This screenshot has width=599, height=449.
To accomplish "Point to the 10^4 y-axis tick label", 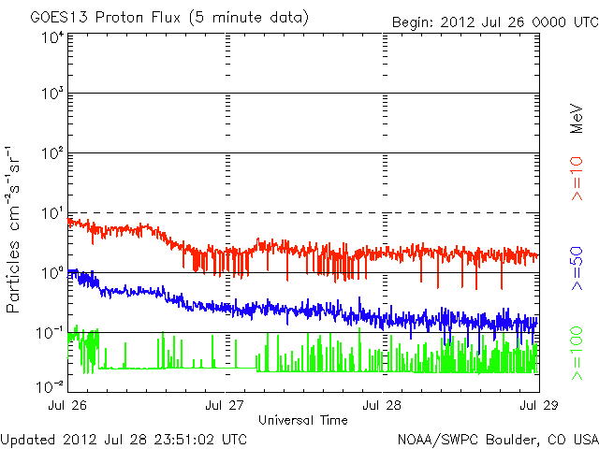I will click(x=51, y=37).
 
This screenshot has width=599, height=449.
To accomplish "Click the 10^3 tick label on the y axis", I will click(x=51, y=94).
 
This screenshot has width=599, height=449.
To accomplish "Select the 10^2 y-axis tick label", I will click(x=51, y=152).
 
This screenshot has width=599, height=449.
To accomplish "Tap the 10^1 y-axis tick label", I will click(x=51, y=213).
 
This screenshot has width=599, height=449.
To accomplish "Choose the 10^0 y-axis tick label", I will click(x=51, y=272).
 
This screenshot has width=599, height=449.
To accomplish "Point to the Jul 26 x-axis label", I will click(x=68, y=406).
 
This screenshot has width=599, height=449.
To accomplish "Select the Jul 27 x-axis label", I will click(x=226, y=406).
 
